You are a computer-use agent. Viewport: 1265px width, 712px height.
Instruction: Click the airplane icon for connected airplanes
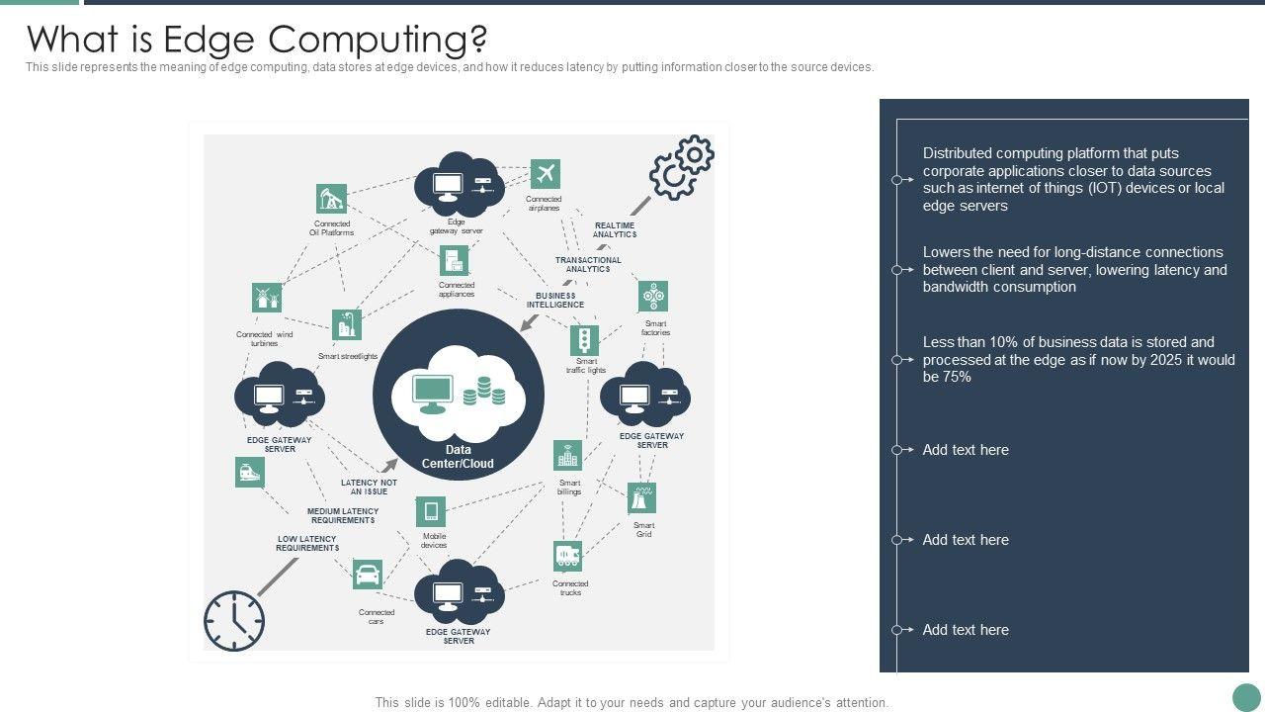[x=545, y=174]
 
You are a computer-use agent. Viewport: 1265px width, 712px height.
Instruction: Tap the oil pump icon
[x=331, y=199]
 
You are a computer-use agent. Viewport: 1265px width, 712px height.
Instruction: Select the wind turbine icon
[x=266, y=298]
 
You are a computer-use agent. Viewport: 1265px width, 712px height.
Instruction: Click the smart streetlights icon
[x=346, y=324]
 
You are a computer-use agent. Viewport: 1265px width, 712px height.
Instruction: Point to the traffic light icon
[x=585, y=340]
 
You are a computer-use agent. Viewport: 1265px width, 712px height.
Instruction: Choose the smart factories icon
[x=652, y=296]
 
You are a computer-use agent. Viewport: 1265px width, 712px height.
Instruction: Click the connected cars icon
[x=368, y=575]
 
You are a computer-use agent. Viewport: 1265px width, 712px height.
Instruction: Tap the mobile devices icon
[x=431, y=512]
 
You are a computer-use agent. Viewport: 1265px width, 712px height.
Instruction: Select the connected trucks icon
[x=567, y=557]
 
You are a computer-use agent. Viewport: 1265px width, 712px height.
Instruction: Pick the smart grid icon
[x=641, y=497]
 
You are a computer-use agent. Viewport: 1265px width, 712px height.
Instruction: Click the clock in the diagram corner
[x=234, y=621]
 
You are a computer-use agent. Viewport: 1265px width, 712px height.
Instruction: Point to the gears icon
[x=681, y=167]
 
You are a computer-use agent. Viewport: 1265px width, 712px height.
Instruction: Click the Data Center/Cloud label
[x=458, y=457]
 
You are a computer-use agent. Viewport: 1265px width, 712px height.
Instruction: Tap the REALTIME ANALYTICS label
[x=615, y=230]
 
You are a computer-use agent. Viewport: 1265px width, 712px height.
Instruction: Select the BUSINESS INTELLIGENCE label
[x=555, y=301]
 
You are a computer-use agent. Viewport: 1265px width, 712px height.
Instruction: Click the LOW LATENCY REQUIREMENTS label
[x=307, y=544]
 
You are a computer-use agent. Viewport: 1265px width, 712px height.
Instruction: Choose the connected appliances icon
[x=454, y=261]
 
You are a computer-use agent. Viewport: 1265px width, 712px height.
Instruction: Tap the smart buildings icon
[x=568, y=456]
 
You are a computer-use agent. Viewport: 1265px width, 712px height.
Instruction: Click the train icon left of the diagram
[x=250, y=473]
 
